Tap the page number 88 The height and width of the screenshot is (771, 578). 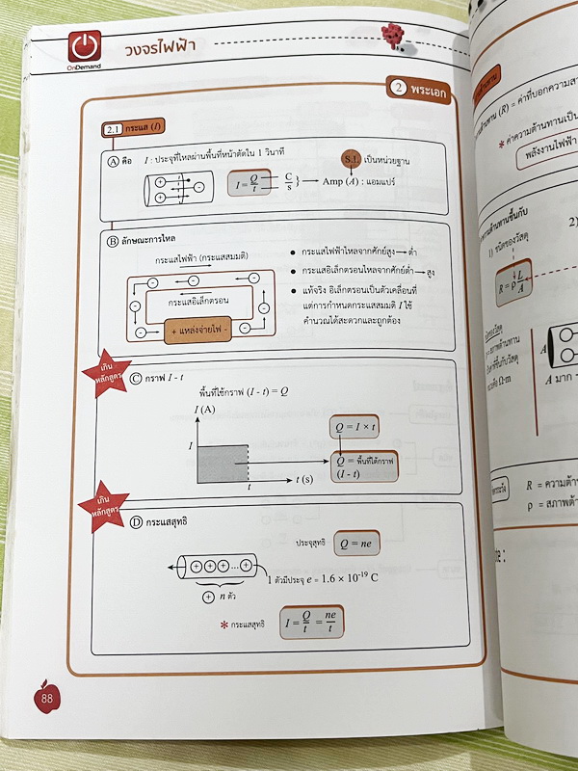pos(46,697)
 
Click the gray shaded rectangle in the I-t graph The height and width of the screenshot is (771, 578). pos(222,459)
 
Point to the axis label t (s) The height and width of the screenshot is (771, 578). pos(307,480)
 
